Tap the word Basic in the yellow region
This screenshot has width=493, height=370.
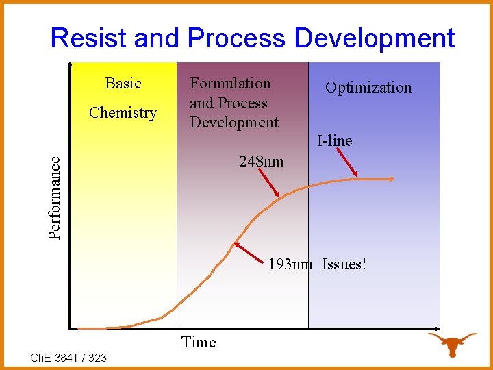123,84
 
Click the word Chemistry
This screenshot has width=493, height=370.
123,113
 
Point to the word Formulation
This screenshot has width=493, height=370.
230,84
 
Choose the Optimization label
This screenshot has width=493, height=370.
368,88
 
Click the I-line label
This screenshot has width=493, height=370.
334,141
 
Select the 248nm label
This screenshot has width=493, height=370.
261,162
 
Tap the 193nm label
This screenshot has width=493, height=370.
290,264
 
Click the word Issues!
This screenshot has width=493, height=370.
344,264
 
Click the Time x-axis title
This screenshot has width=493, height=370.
199,343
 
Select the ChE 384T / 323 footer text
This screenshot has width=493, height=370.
68,357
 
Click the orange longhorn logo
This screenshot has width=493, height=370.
452,343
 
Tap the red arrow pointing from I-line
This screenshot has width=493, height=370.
347,163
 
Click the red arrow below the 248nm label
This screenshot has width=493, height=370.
269,184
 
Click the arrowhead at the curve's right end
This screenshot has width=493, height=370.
392,180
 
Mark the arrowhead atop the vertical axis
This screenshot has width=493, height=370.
70,65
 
